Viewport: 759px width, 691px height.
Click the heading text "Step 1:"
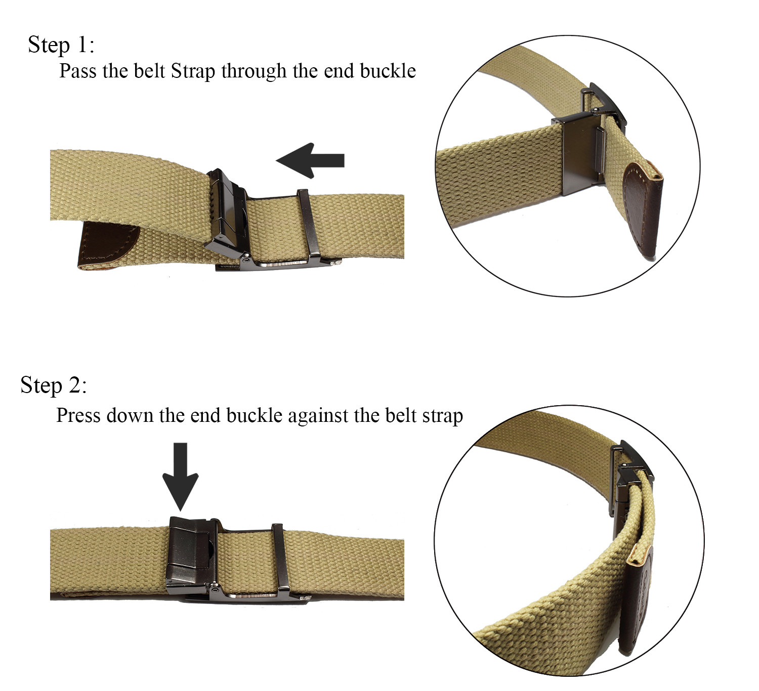point(61,45)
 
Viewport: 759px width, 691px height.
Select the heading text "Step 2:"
point(54,385)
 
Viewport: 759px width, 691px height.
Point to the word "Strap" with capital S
point(193,71)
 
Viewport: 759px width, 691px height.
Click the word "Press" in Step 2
point(76,415)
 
